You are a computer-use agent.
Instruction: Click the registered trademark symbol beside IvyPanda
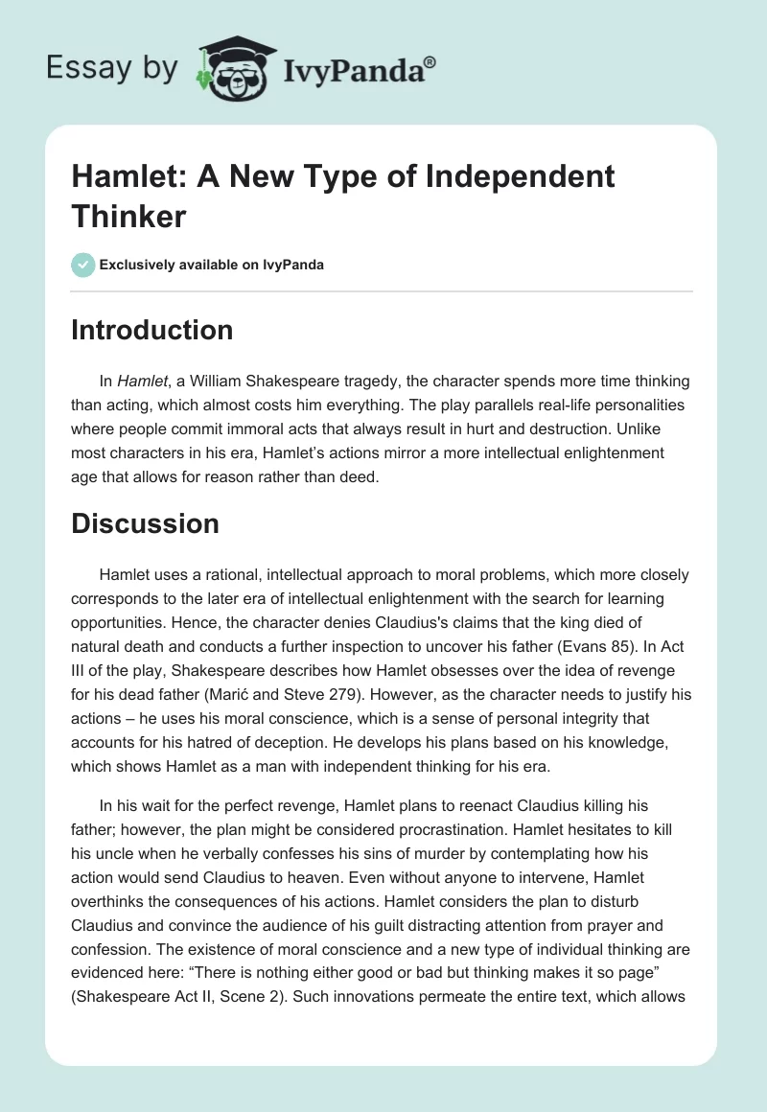pos(430,62)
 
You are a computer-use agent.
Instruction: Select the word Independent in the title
pos(509,177)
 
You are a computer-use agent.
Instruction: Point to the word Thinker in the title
pos(128,216)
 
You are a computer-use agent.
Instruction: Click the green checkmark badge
pos(83,265)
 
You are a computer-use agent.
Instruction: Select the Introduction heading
pos(152,331)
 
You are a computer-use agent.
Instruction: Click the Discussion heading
pos(146,524)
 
